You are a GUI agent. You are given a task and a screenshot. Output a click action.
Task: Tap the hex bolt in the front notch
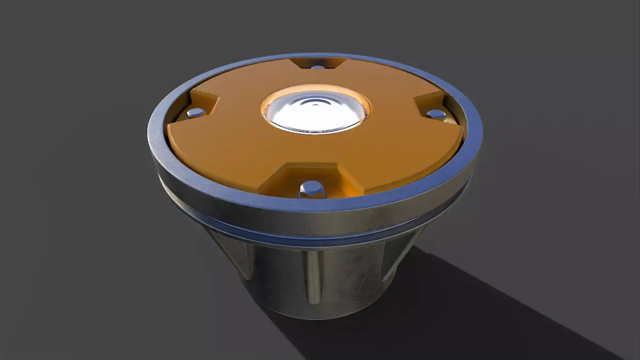pyautogui.click(x=311, y=188)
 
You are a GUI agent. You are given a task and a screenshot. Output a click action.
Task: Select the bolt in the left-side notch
pyautogui.click(x=196, y=113)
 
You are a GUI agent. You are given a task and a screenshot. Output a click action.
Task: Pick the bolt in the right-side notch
pyautogui.click(x=436, y=114)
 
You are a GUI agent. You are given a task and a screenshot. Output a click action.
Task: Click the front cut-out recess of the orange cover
pyautogui.click(x=312, y=179)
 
